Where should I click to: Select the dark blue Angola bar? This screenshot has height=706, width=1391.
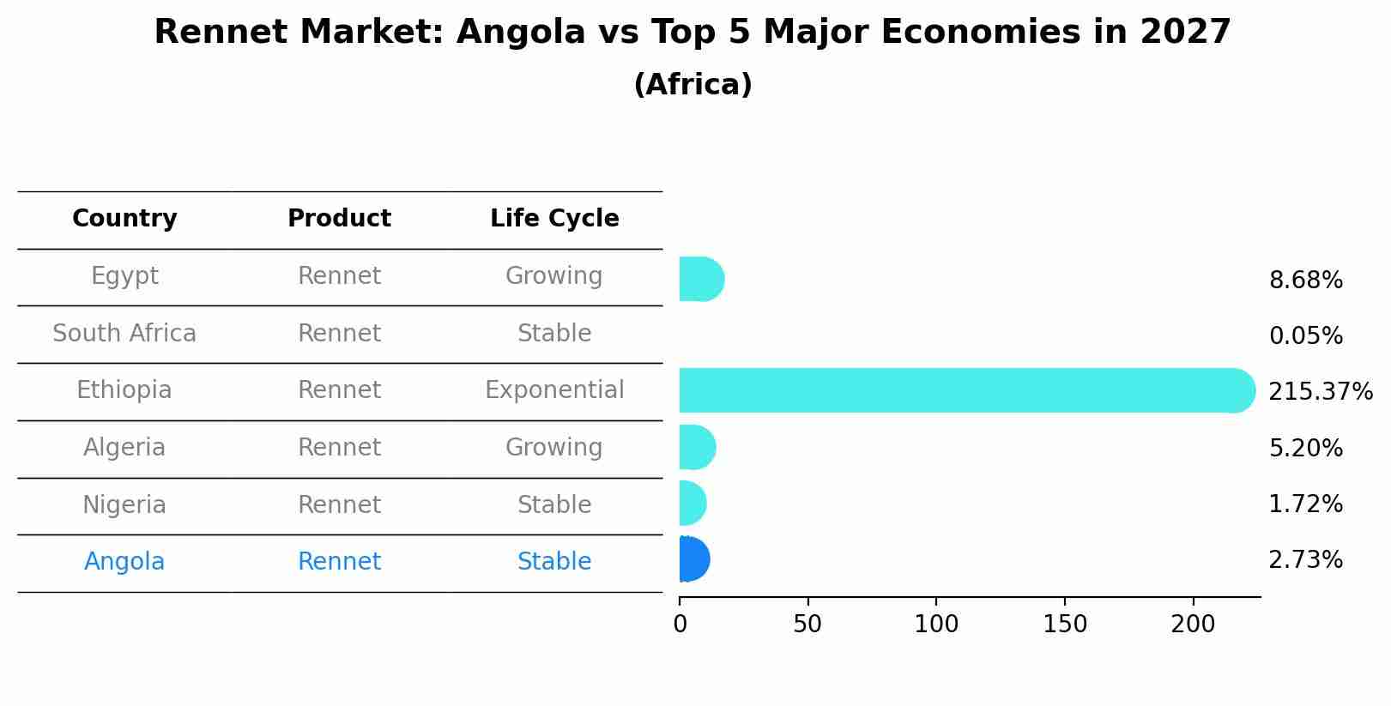click(x=693, y=559)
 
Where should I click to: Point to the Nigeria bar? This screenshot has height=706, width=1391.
click(x=692, y=504)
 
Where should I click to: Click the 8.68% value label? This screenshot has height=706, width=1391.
click(x=1305, y=281)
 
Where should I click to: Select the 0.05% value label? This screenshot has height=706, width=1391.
click(x=1305, y=336)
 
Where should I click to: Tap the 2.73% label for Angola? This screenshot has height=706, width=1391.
click(x=1305, y=560)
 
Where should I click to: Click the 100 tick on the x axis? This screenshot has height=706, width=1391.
click(x=936, y=625)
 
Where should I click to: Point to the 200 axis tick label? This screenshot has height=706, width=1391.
click(x=1193, y=625)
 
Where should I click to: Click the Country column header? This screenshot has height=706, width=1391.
click(x=124, y=219)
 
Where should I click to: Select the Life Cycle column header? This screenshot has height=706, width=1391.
click(x=554, y=219)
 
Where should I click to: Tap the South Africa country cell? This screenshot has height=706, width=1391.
click(x=124, y=334)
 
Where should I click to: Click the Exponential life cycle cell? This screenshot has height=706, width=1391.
click(x=554, y=390)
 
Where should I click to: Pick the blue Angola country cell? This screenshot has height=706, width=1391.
click(x=124, y=562)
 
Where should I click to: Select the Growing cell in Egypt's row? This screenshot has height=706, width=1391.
click(x=554, y=276)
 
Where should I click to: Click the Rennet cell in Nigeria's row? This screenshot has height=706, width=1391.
click(x=339, y=505)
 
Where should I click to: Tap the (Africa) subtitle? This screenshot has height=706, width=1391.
click(x=692, y=85)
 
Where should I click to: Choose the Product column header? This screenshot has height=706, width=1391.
click(x=339, y=219)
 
